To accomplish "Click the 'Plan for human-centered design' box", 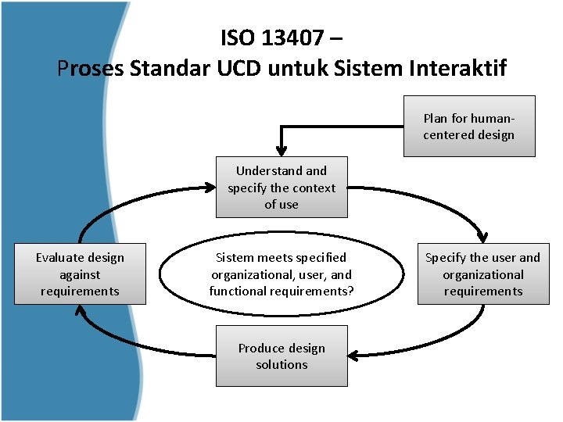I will pyautogui.click(x=469, y=127).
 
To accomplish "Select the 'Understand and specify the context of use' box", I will pyautogui.click(x=281, y=188).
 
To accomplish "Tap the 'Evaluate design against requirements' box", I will pyautogui.click(x=80, y=274).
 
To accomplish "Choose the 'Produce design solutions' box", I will pyautogui.click(x=281, y=356).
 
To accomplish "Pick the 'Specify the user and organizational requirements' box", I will pyautogui.click(x=482, y=274).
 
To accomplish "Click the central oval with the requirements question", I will pyautogui.click(x=281, y=274).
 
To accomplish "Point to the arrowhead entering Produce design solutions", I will pyautogui.click(x=354, y=356).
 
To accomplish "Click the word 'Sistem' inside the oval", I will pyautogui.click(x=234, y=257).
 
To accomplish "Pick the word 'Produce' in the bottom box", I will pyautogui.click(x=260, y=348).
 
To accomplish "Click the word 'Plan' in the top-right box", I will pyautogui.click(x=436, y=119).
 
